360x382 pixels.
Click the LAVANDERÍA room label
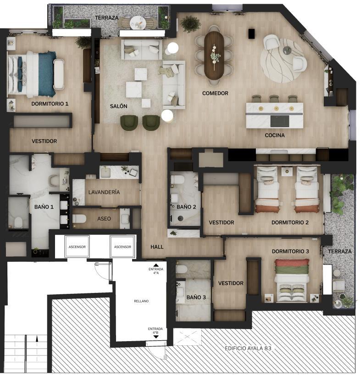coord(104,192)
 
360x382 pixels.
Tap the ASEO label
coord(104,219)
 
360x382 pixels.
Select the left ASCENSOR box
coord(77,247)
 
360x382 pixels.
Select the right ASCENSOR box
coord(122,247)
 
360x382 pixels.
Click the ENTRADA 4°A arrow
coord(156,265)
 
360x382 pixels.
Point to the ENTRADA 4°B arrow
coord(156,337)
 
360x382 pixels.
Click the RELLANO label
coord(141,301)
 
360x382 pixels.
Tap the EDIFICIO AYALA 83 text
coord(248,348)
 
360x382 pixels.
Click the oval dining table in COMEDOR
coord(214,55)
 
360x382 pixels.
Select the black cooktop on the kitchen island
coord(280,121)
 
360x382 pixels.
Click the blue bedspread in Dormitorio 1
coord(47,73)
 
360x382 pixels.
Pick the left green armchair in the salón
coord(129,123)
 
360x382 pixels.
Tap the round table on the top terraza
coord(138,23)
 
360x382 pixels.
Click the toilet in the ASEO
coord(79,219)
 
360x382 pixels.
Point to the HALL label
coord(157,247)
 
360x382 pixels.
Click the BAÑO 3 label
coord(196,297)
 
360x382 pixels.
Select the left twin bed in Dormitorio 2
coord(267,189)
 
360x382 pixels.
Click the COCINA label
coord(275,135)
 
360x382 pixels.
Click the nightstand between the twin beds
coord(287,171)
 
